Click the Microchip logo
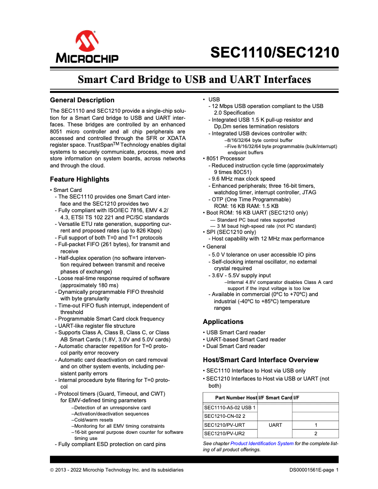coord(88,47)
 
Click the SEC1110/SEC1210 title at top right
coord(274,52)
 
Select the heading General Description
coord(82,100)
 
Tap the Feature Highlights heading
coord(79,179)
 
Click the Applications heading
coord(223,322)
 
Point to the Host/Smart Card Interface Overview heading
coord(261,360)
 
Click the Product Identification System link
coord(262,444)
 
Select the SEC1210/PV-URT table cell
coord(224,425)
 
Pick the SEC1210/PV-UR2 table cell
coord(224,433)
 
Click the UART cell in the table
coord(275,425)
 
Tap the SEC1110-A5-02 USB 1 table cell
coord(230,407)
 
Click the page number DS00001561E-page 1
coord(314,470)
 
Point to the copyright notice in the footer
coord(117,470)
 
